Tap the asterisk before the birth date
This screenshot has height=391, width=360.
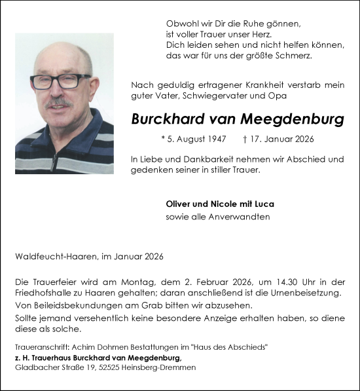[x=162, y=140]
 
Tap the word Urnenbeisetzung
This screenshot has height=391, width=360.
[x=302, y=293]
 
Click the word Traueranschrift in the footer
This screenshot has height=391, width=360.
[x=39, y=346]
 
